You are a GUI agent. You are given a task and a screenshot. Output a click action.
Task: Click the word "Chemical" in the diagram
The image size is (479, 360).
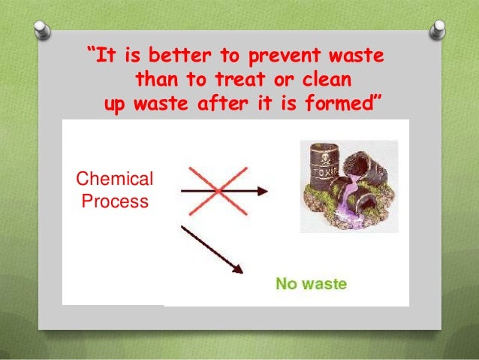[x=115, y=180]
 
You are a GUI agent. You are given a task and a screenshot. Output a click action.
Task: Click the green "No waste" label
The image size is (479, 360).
[x=311, y=284]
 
